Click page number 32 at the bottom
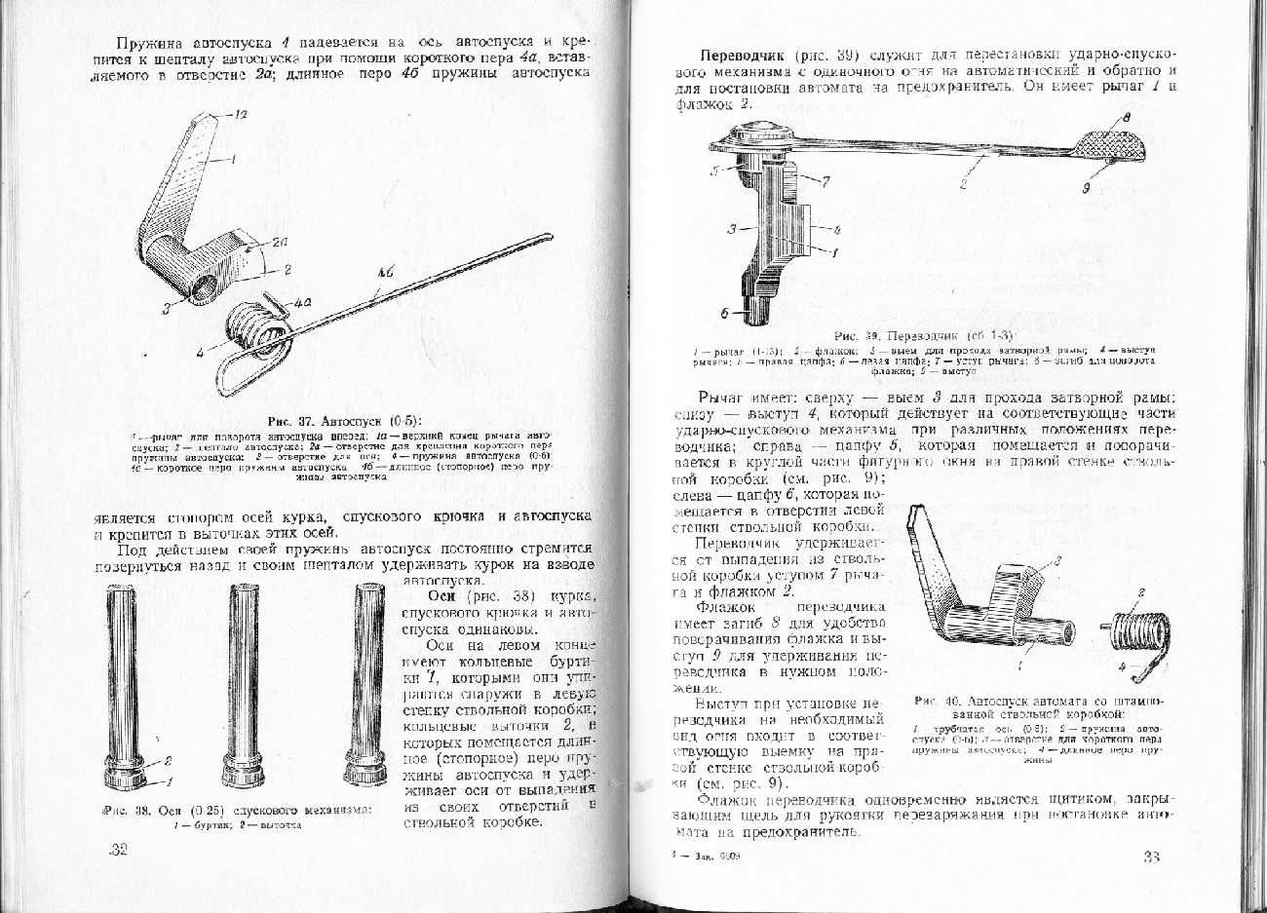(x=119, y=850)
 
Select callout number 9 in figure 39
(x=1086, y=190)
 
